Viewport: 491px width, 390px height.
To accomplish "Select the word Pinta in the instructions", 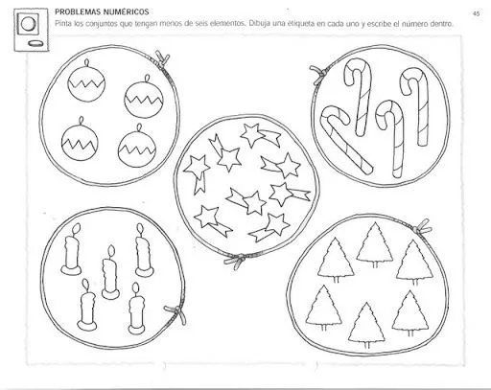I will pos(64,22).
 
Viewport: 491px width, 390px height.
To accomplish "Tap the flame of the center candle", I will pos(108,251).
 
